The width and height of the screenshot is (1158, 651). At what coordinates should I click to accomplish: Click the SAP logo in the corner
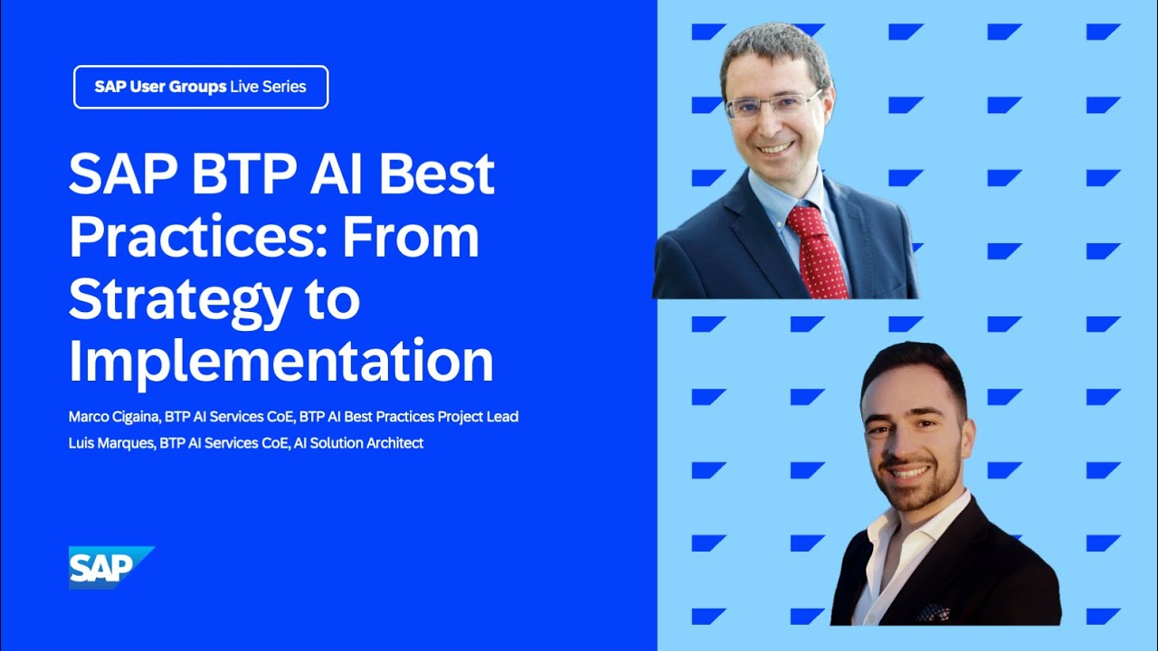pos(110,567)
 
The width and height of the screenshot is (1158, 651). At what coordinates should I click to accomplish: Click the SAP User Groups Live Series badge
pos(201,88)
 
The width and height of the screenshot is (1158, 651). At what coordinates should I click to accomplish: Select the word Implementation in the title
pos(281,361)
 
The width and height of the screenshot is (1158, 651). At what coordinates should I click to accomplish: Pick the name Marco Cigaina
pos(113,417)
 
